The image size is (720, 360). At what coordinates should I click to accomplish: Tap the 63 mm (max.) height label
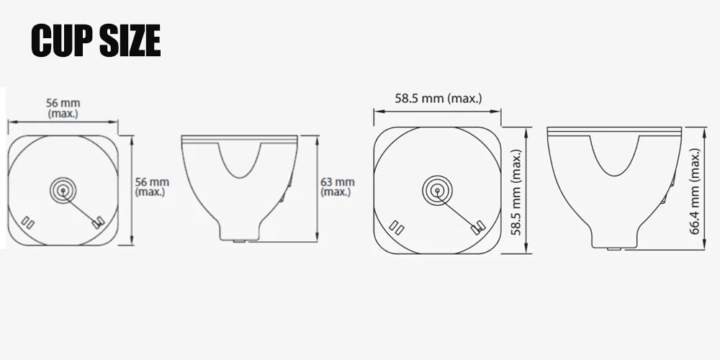(x=337, y=187)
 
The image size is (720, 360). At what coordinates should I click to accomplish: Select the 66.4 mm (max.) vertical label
(x=695, y=191)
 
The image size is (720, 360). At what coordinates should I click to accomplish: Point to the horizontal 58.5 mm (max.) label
(x=438, y=98)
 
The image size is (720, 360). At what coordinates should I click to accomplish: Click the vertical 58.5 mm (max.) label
(x=516, y=192)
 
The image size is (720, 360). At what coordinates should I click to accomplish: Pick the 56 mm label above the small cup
(x=63, y=108)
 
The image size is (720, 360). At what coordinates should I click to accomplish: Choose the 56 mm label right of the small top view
(x=151, y=187)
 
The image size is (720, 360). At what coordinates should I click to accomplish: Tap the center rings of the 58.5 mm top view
(x=437, y=190)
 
